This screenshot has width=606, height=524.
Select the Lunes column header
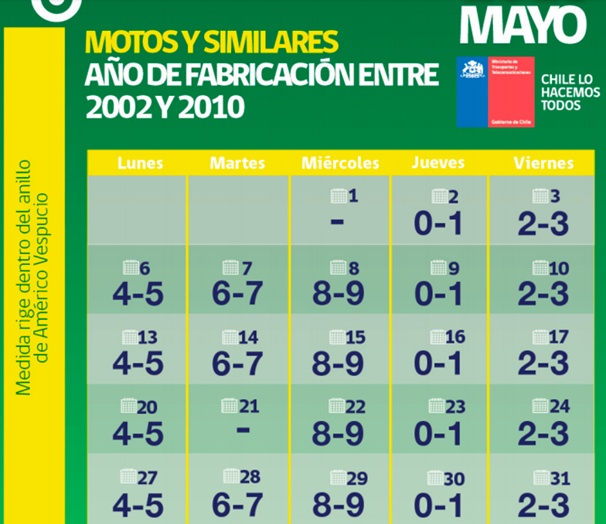coord(140,163)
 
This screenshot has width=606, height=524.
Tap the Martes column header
coord(237,163)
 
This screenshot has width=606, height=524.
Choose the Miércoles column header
coord(340,163)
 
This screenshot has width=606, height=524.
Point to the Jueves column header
coord(438,163)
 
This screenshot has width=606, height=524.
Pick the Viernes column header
coord(543,163)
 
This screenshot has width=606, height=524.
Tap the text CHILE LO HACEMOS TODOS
coord(570,92)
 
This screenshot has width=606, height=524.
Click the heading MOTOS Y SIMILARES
coord(211,42)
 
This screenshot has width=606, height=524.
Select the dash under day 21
coord(243,427)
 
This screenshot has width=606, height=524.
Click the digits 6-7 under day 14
coord(237,364)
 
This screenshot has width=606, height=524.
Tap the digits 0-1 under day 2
coord(437,223)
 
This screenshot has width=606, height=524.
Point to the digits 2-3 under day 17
coord(543,364)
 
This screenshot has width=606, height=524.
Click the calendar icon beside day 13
coord(129,338)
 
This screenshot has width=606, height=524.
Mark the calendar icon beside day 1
coord(338,196)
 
